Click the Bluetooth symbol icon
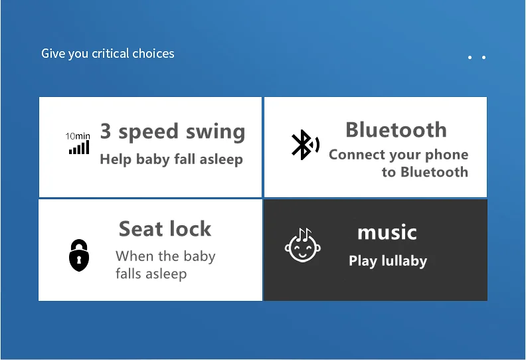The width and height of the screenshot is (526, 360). pos(306,145)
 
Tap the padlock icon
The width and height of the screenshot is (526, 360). pos(79,255)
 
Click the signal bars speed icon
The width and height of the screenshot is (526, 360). pos(79,147)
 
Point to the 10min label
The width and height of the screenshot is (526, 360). pos(78,136)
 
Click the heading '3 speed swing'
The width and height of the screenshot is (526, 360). pos(173,132)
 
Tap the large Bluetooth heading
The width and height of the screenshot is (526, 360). pos(396,130)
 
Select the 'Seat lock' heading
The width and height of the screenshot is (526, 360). pos(165,228)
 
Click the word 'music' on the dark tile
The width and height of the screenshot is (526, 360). pos(387,232)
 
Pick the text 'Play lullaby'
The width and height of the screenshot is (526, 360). pos(388,261)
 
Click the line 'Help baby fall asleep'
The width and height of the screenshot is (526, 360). pos(171,159)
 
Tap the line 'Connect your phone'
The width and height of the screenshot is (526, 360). pos(398,155)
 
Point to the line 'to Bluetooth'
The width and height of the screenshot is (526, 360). pos(425,172)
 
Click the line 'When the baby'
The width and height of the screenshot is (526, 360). pos(165,256)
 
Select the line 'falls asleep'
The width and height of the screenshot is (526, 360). pos(151,273)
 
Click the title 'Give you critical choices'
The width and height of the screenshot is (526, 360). pos(108,54)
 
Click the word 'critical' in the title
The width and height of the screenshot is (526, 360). pos(110,53)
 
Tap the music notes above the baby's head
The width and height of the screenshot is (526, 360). pos(304,234)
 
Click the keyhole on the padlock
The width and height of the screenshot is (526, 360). pos(79,260)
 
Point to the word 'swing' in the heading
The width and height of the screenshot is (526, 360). pos(216,132)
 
